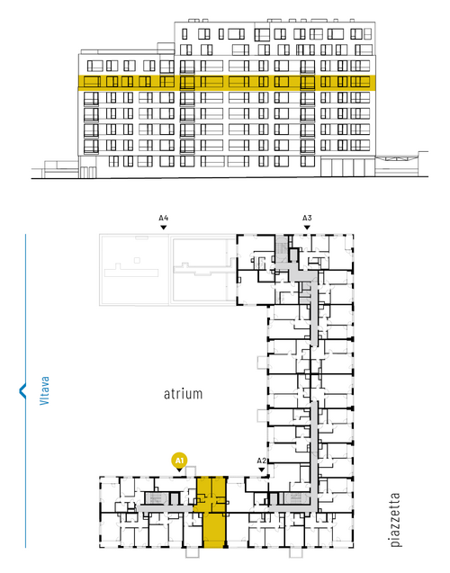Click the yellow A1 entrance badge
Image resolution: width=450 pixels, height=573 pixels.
click(179, 461)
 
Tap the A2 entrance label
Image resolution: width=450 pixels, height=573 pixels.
click(261, 461)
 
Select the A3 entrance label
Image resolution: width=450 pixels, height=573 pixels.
click(307, 219)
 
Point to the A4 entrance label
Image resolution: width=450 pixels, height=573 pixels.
click(164, 219)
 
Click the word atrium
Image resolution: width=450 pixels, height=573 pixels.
click(183, 394)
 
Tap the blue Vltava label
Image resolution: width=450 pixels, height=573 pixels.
click(44, 390)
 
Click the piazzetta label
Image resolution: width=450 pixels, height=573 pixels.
click(395, 520)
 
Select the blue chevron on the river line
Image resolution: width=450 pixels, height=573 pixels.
click(22, 390)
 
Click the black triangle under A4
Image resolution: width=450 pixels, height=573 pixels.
click(164, 228)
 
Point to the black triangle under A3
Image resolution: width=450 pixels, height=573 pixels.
click(307, 228)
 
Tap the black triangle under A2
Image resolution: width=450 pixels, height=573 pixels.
click(261, 470)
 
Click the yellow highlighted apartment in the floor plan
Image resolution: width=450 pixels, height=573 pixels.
click(212, 512)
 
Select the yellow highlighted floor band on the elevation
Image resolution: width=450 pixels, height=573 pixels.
click(227, 83)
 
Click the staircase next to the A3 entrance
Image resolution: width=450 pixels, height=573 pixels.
click(282, 247)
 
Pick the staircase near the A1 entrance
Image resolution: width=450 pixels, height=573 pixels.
click(157, 498)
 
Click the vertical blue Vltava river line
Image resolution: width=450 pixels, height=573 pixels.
click(25, 390)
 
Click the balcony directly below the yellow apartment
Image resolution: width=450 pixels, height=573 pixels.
click(193, 552)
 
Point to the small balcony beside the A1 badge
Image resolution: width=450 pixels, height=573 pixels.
click(191, 471)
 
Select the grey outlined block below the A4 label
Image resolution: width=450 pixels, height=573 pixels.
click(168, 270)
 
